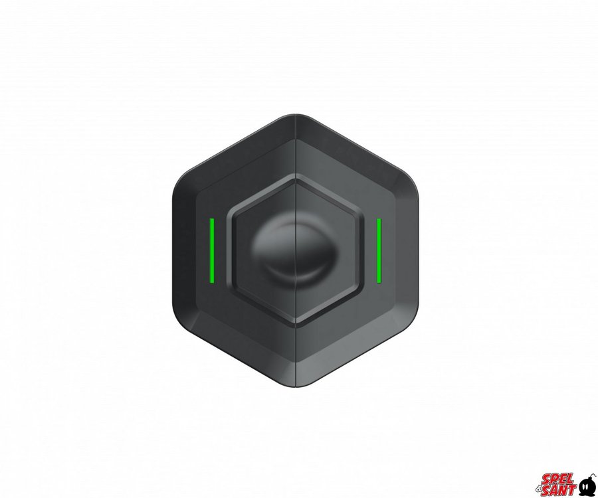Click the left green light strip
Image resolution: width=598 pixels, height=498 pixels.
212,251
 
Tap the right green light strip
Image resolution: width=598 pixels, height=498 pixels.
379,251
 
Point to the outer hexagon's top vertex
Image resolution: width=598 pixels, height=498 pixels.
296,114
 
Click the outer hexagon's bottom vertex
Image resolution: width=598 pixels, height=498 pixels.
296,386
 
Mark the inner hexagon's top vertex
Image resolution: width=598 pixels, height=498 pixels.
296,176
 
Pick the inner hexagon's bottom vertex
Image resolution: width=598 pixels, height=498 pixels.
296,326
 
